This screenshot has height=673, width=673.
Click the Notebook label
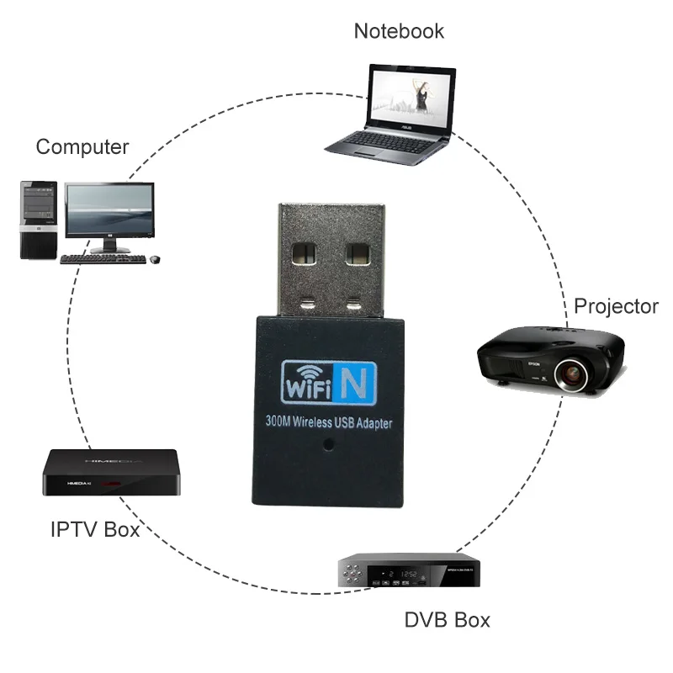click(398, 31)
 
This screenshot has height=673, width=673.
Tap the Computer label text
click(82, 147)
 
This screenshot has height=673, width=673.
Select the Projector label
click(615, 306)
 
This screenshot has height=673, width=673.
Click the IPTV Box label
click(95, 530)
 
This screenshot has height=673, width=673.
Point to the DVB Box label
click(447, 621)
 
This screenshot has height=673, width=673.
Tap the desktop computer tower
click(38, 220)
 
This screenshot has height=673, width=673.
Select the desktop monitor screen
click(110, 209)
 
